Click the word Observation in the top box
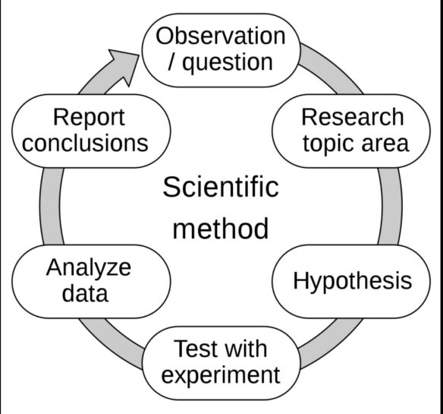point(221,36)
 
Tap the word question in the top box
point(228,63)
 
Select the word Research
point(353,117)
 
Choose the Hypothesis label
point(353,282)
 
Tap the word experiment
point(221,376)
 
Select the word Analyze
point(89,268)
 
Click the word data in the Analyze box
point(85,293)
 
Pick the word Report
point(89,118)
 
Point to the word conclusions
point(85,143)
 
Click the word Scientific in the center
point(221,187)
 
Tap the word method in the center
point(221,229)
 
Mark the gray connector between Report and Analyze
point(50,206)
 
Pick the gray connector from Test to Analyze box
point(112,343)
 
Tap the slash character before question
point(171,62)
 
